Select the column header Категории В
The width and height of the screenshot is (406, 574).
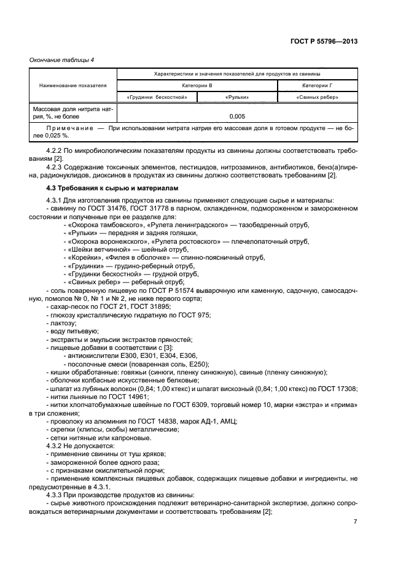coord(197,85)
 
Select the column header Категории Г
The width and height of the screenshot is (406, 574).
coord(317,85)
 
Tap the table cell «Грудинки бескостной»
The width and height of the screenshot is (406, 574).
coord(157,98)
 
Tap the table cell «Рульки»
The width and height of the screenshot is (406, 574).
coord(236,98)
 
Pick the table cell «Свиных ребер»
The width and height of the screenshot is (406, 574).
coord(317,98)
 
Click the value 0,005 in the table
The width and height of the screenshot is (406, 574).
coord(236,115)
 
